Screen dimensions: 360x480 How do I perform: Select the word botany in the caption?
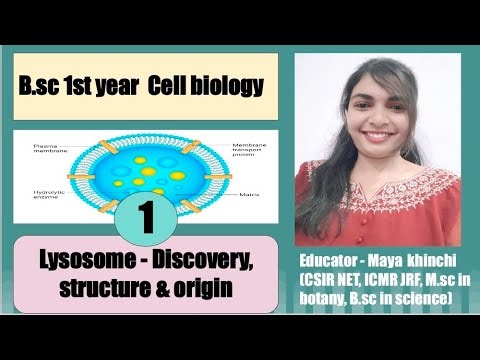pos(327,299)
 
